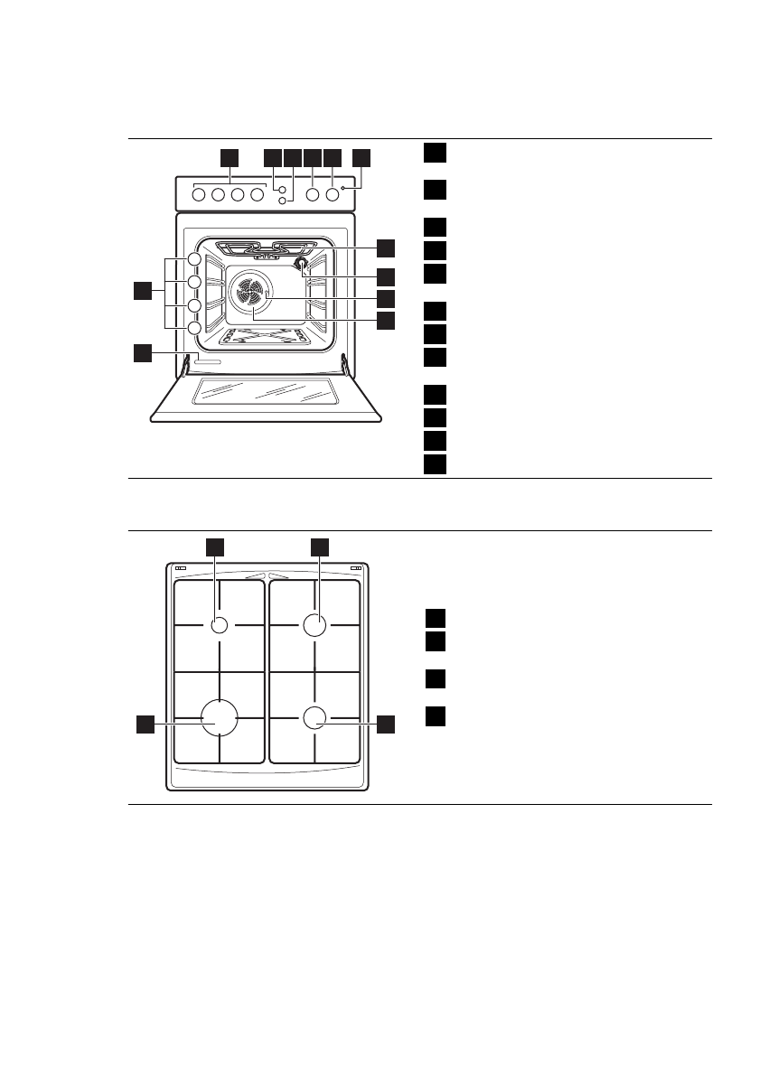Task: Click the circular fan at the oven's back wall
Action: click(x=251, y=293)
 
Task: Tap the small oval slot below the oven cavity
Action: click(x=206, y=362)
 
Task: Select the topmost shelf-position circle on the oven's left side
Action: click(x=194, y=260)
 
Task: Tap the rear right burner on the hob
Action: click(x=314, y=625)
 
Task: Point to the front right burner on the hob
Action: click(x=314, y=718)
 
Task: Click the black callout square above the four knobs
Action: click(x=230, y=157)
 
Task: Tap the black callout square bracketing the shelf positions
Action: click(x=142, y=291)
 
